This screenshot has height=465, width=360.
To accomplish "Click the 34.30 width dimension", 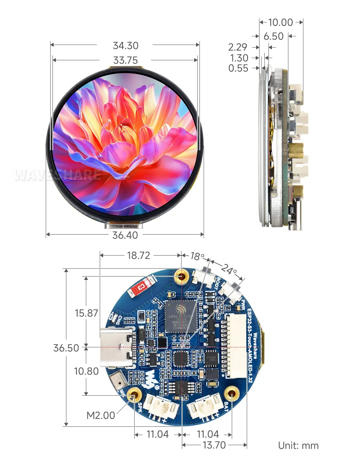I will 126,46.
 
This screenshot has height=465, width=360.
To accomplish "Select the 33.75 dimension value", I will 126,60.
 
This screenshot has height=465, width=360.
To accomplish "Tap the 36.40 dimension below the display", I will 125,235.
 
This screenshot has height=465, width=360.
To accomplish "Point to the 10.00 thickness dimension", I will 280,22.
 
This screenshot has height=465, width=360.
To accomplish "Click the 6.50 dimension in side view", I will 273,36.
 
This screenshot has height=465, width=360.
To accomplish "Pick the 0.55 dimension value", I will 238,68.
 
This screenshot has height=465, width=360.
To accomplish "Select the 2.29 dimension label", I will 238,47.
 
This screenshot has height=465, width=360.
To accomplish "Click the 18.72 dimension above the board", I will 138,256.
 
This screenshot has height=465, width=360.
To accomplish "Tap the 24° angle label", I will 229,269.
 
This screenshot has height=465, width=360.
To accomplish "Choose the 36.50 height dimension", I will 66,348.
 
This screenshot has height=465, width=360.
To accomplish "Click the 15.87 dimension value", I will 86,313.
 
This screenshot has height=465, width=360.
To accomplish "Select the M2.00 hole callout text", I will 100,416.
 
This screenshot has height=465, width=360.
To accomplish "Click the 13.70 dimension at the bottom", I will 214,445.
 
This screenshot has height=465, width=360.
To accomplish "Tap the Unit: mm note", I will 298,446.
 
